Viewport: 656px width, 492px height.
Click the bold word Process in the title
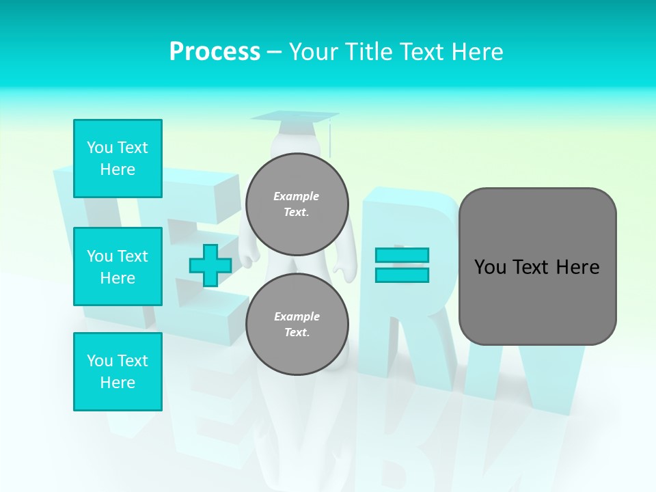pyautogui.click(x=215, y=52)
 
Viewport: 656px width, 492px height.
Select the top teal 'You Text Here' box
pyautogui.click(x=118, y=159)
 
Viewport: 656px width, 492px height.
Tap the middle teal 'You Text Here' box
pyautogui.click(x=118, y=266)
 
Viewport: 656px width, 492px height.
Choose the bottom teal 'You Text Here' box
pyautogui.click(x=118, y=372)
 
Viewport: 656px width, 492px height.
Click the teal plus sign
pyautogui.click(x=210, y=266)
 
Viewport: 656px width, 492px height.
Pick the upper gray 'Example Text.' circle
pyautogui.click(x=297, y=204)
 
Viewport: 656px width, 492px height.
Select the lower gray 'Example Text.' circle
pyautogui.click(x=297, y=324)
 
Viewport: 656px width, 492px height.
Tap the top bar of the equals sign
pyautogui.click(x=402, y=256)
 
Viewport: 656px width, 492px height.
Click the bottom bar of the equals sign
pyautogui.click(x=402, y=275)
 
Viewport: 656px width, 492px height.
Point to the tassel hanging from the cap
pyautogui.click(x=330, y=140)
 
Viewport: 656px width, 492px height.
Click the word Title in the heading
pyautogui.click(x=368, y=52)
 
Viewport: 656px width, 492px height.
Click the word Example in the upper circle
pyautogui.click(x=297, y=196)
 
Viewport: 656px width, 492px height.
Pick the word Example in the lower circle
pyautogui.click(x=297, y=316)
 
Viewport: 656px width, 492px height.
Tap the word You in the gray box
pyautogui.click(x=490, y=267)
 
